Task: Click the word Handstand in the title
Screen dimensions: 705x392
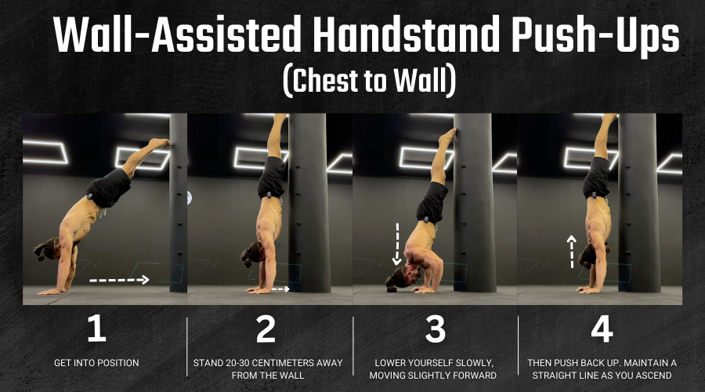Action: [x=407, y=35]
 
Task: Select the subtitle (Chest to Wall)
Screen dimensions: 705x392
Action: [x=370, y=81]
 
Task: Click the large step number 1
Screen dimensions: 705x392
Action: [x=96, y=328]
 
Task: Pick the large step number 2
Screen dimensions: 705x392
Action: [x=266, y=328]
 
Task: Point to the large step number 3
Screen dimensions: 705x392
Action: [x=435, y=328]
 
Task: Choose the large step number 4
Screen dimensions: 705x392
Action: [x=602, y=328]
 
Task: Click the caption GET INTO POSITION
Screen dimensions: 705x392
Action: [x=96, y=363]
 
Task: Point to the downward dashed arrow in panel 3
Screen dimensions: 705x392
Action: [x=397, y=244]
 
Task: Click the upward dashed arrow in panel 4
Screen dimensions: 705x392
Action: [x=572, y=252]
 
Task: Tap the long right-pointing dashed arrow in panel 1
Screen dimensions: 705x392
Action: [x=119, y=280]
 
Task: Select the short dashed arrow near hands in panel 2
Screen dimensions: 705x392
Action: [x=280, y=289]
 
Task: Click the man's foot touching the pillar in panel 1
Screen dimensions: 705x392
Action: [x=160, y=143]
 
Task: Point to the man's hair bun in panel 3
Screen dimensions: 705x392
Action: [x=391, y=286]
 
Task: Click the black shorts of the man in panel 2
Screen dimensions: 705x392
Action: [x=272, y=177]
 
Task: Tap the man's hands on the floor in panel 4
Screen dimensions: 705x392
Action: [x=589, y=289]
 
